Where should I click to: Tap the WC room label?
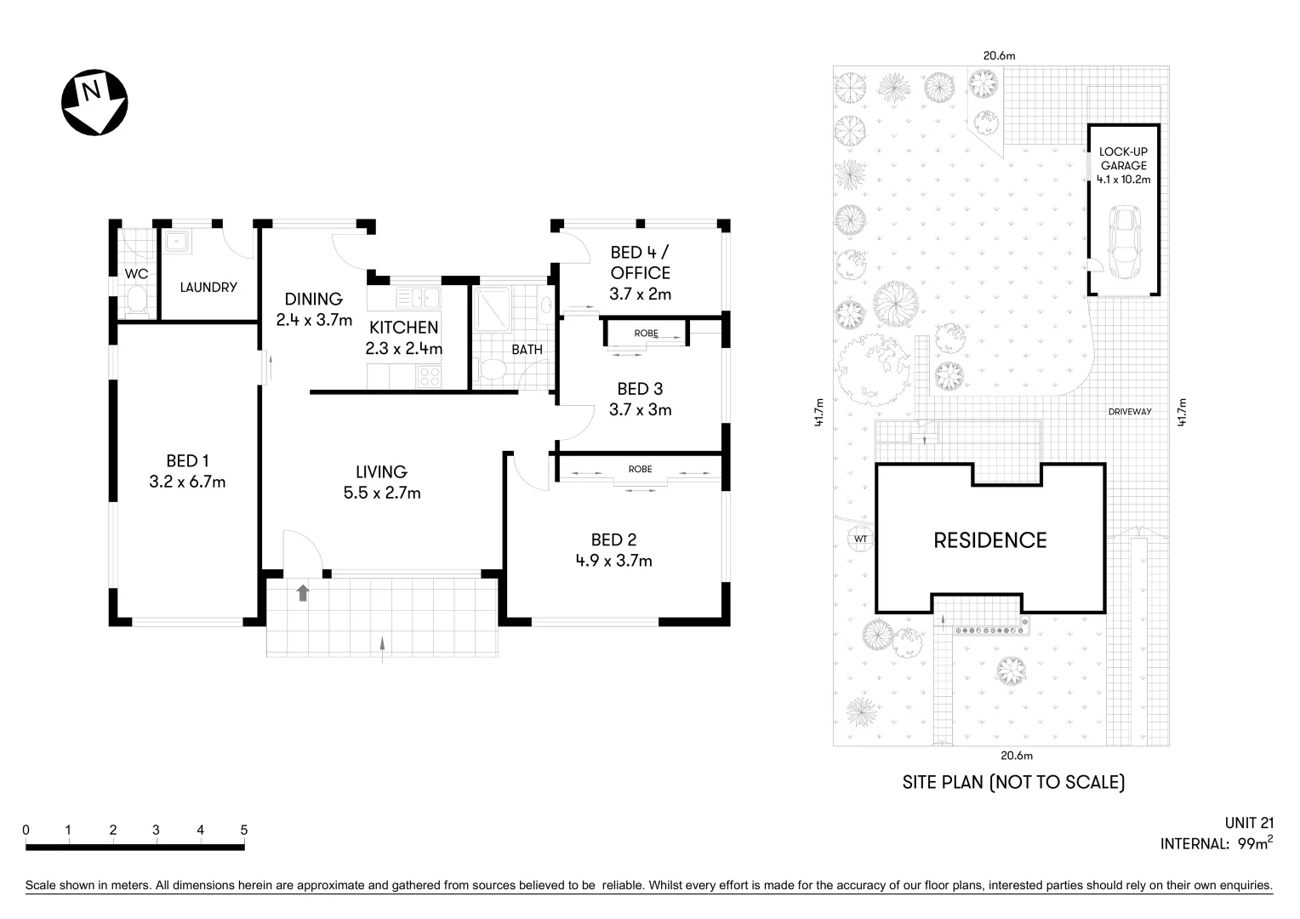click(136, 274)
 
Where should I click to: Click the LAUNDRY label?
click(208, 288)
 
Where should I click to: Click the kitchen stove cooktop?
click(430, 375)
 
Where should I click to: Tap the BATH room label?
click(527, 350)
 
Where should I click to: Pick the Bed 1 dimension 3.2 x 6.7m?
click(187, 482)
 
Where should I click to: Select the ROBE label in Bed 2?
click(640, 469)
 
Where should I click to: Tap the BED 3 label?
click(640, 389)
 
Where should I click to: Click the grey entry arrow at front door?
click(303, 592)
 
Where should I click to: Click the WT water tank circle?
click(860, 539)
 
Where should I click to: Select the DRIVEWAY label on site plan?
click(1130, 412)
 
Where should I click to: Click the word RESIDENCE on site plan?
click(990, 540)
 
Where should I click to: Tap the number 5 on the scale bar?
click(244, 830)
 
